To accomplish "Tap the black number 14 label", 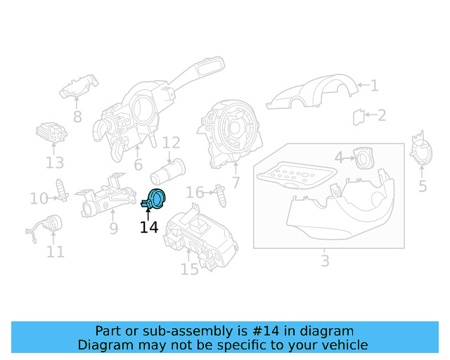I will tap(149, 227).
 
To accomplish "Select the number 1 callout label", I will tap(374, 86).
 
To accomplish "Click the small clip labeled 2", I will tap(358, 116).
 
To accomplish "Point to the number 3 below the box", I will tap(324, 261).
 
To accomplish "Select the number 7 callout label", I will tap(236, 183).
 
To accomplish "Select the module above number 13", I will tap(52, 133).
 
